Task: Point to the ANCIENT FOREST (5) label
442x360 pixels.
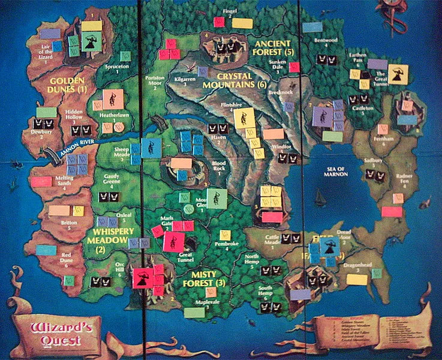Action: pyautogui.click(x=274, y=47)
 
